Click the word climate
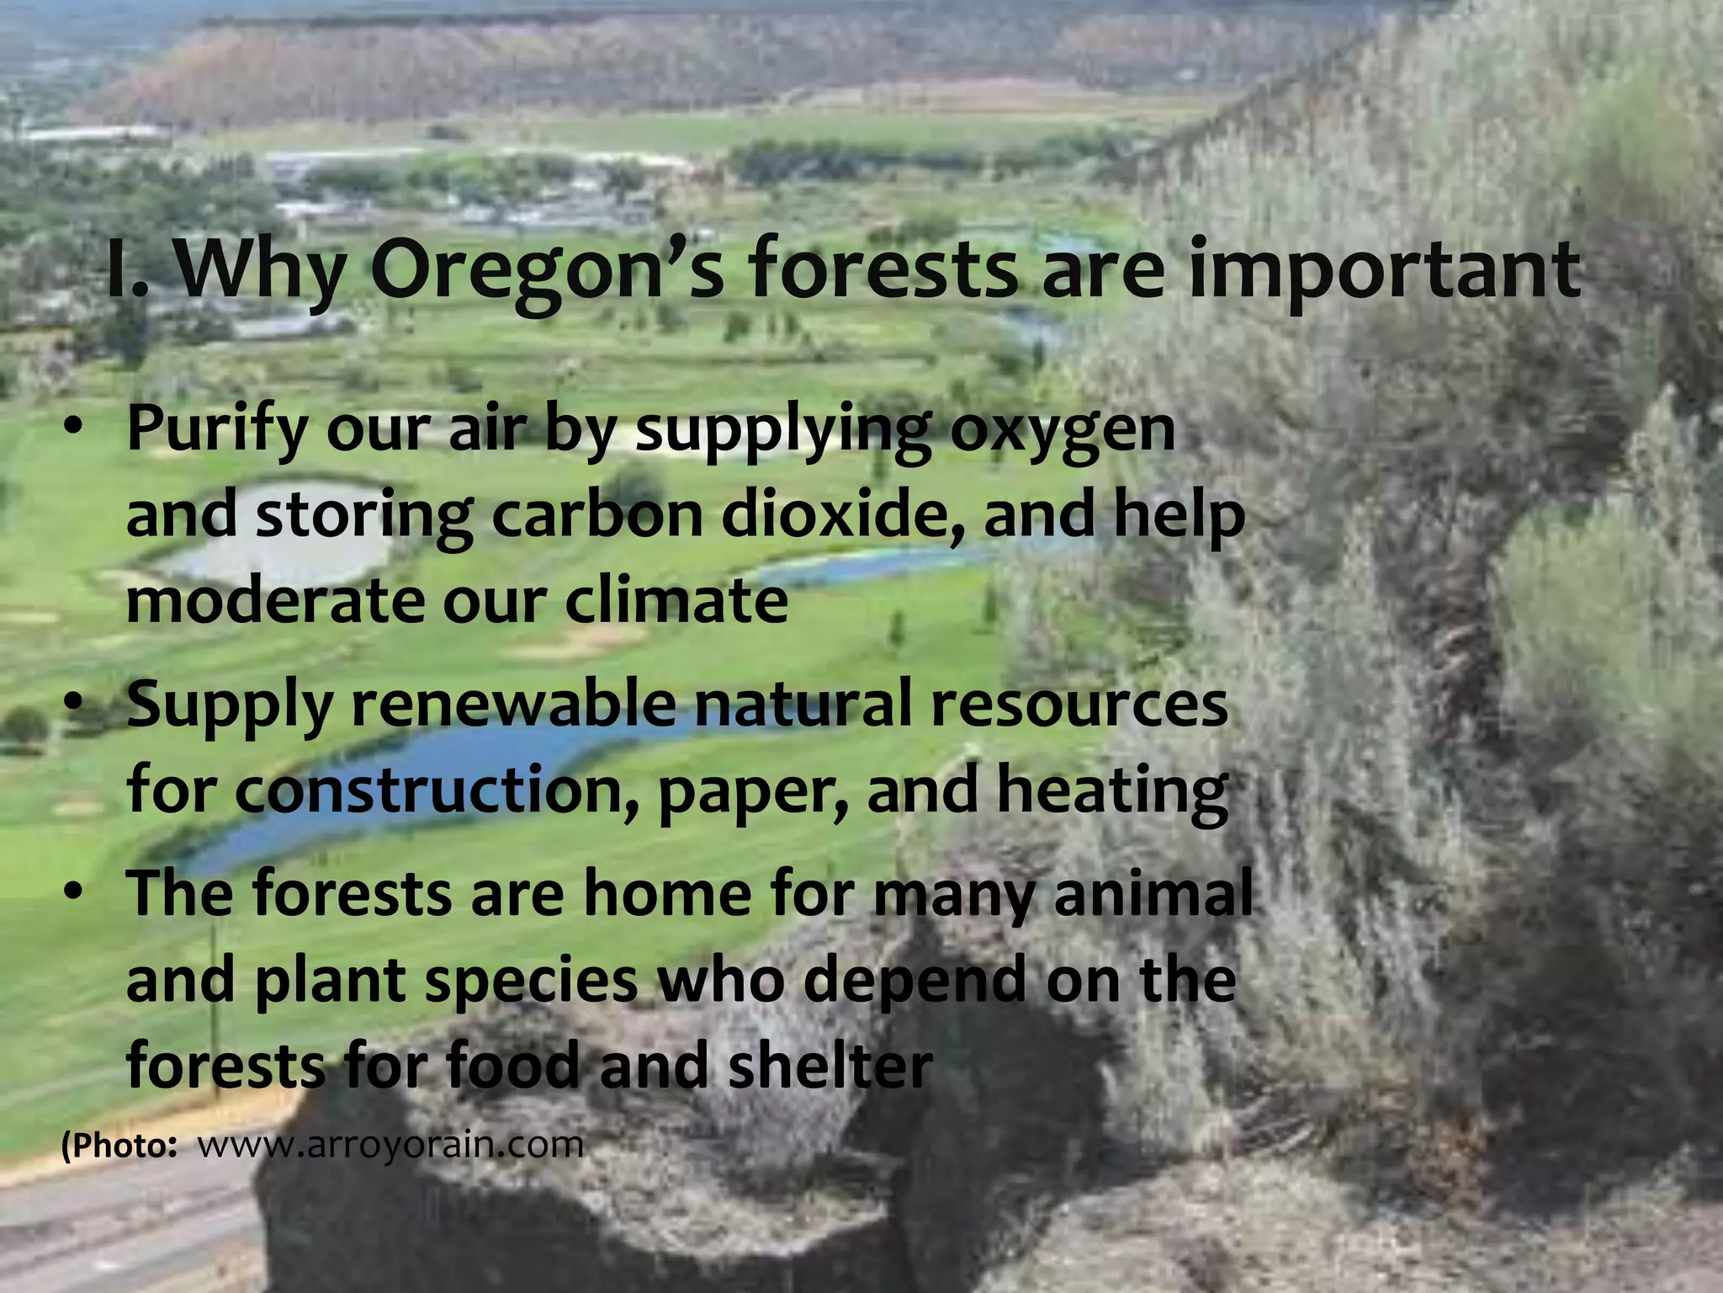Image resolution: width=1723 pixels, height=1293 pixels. pyautogui.click(x=676, y=601)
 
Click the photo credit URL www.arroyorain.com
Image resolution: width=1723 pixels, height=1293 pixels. pyautogui.click(x=390, y=1146)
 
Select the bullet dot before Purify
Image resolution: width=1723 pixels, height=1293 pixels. pyautogui.click(x=74, y=429)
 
